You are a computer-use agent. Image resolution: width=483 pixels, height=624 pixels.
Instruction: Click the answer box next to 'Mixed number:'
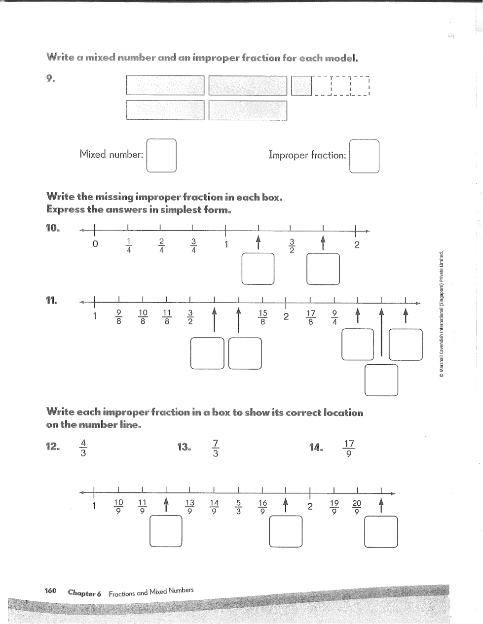click(x=161, y=156)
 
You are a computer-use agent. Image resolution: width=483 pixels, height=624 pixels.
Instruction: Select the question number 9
click(x=51, y=79)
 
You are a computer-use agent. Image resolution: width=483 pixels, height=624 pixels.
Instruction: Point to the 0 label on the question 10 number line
click(x=95, y=244)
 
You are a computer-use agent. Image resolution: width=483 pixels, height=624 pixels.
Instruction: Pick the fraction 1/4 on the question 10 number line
click(x=128, y=245)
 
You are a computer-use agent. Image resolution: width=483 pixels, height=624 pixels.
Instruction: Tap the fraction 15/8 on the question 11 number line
click(x=262, y=317)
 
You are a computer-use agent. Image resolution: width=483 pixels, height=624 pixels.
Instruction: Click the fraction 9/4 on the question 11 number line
click(x=334, y=317)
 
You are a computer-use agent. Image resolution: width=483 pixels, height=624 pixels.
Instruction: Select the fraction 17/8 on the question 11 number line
click(x=310, y=317)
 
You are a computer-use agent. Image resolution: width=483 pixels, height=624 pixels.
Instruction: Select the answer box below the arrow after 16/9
click(x=286, y=531)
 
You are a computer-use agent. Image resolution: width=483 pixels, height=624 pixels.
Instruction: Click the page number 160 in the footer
click(x=51, y=591)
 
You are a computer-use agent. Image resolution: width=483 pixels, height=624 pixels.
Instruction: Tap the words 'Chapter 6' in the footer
click(x=84, y=593)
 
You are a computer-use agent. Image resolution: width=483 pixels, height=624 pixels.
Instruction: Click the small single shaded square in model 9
click(x=301, y=86)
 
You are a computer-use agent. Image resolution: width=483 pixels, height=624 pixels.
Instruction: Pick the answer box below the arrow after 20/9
click(x=381, y=531)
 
